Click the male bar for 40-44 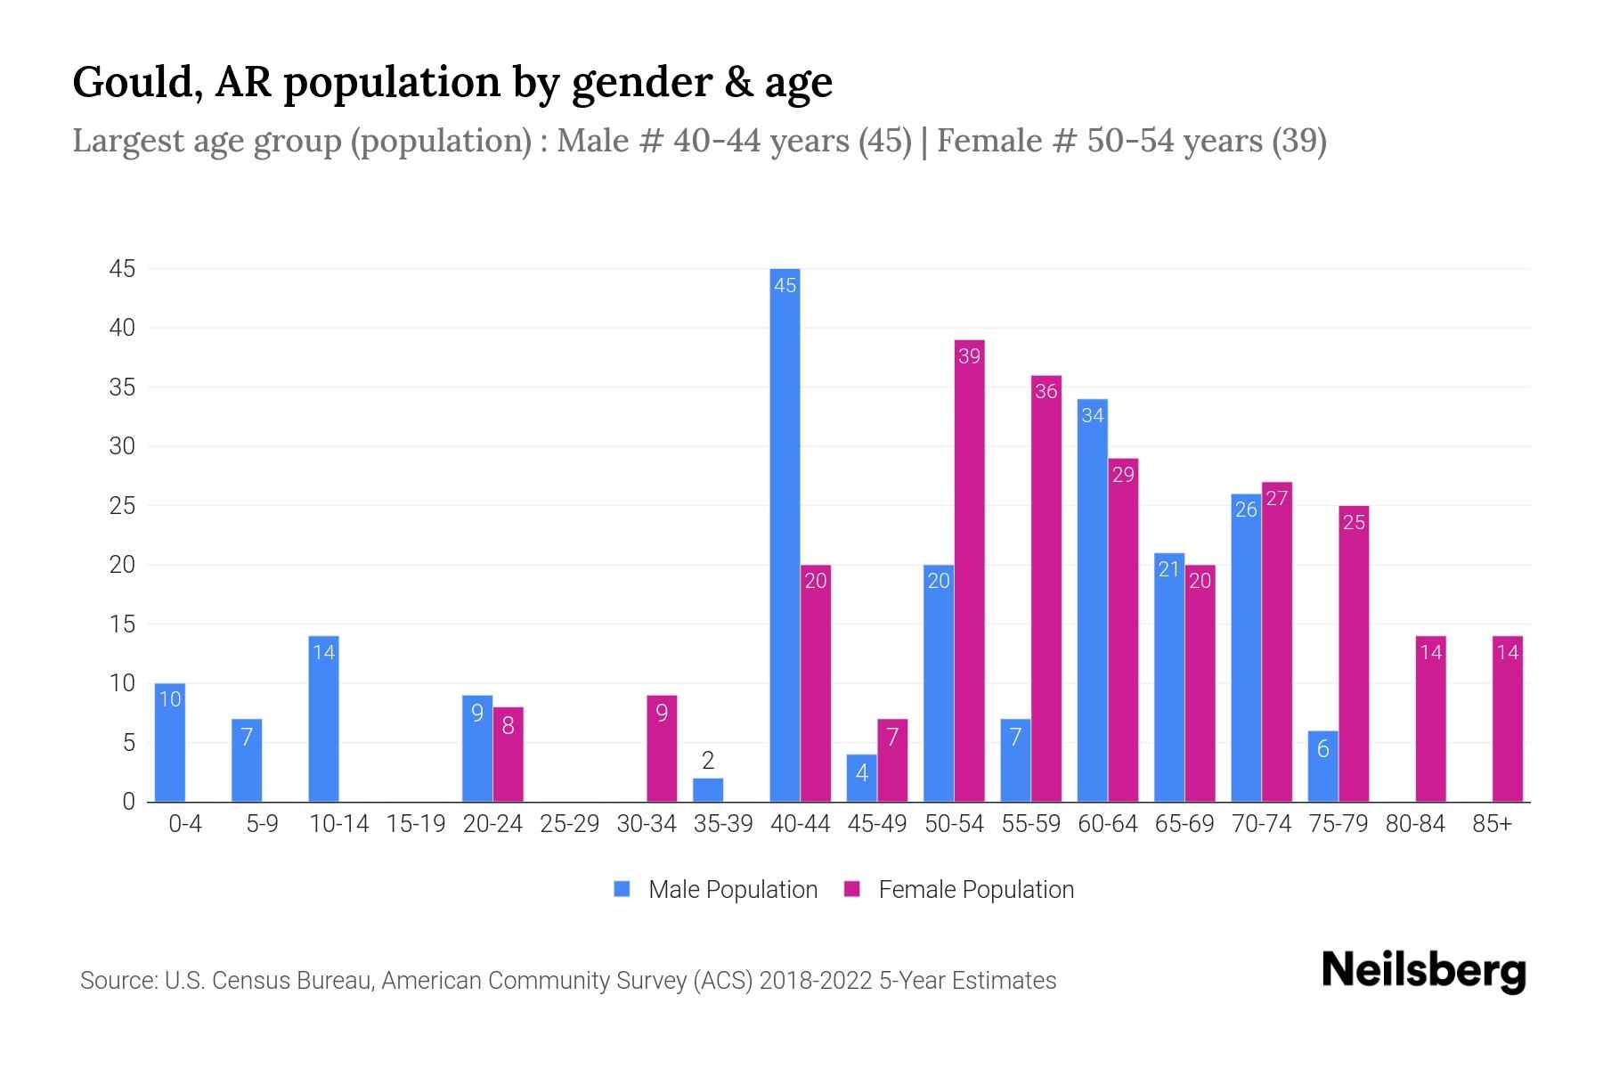click(x=785, y=534)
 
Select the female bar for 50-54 click(x=969, y=570)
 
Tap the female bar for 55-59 click(x=1046, y=588)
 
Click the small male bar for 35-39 click(x=708, y=790)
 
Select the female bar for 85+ click(x=1508, y=719)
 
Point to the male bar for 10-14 click(x=323, y=719)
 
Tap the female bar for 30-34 click(x=662, y=748)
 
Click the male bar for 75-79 click(x=1323, y=766)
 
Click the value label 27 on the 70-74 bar click(x=1276, y=499)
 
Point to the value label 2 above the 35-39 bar click(x=708, y=761)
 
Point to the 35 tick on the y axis click(x=122, y=388)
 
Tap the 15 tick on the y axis click(x=122, y=624)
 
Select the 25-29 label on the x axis click(x=570, y=824)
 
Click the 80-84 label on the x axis click(x=1415, y=824)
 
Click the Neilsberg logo click(x=1423, y=971)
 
